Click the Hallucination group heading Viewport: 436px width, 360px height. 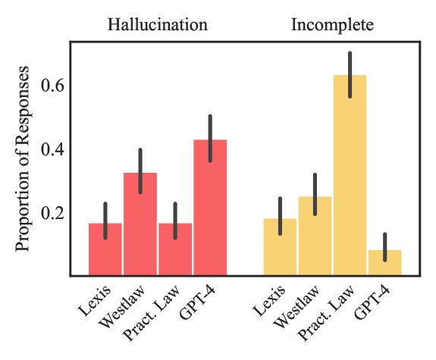coord(157,23)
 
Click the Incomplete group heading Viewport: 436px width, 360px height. coord(332,23)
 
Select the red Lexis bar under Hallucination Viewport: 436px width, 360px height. coord(105,250)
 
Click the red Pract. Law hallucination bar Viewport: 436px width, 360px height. coord(175,250)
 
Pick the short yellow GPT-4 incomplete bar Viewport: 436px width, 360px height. coord(384,263)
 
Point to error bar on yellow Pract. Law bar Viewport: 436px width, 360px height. coord(350,74)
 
